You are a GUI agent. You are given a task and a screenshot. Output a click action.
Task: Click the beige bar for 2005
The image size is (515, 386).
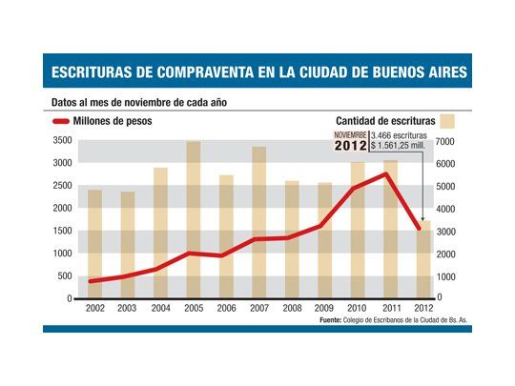click(x=194, y=219)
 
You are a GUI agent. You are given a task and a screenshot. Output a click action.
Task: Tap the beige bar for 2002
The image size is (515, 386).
click(x=95, y=244)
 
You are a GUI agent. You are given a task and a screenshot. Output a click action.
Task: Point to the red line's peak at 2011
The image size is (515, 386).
click(x=384, y=173)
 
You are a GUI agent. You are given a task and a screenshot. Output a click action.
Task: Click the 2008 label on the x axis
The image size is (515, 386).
click(x=292, y=309)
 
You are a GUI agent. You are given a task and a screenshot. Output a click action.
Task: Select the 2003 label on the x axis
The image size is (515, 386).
click(x=128, y=309)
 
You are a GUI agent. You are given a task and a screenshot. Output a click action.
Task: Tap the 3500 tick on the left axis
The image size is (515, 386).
click(x=62, y=141)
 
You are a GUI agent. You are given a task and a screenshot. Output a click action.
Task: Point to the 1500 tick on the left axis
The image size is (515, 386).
click(x=62, y=231)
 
